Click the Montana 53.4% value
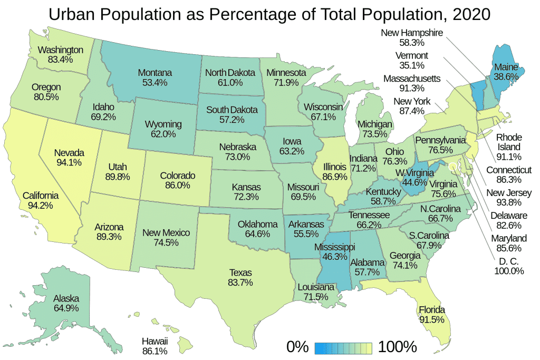point(155,82)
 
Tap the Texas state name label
point(240,273)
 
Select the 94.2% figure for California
point(40,206)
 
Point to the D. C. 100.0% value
point(508,271)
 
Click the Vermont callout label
point(413,56)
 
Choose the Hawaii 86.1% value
point(155,351)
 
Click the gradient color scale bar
point(343,347)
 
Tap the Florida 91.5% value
point(432,319)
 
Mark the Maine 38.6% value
point(505,77)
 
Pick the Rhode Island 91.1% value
point(508,157)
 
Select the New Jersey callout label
point(509,192)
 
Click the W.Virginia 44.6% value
point(414,182)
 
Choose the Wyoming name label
point(163,124)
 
